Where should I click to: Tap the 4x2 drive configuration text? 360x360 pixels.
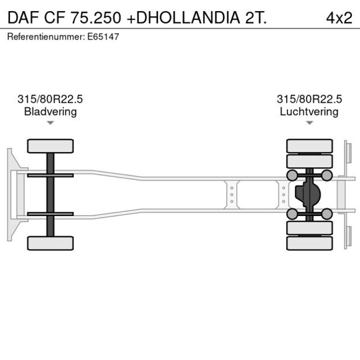pos(339,17)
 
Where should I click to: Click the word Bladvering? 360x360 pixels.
pos(50,111)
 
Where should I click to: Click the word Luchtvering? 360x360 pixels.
pos(309,111)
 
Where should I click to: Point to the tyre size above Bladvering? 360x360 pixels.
pos(50,99)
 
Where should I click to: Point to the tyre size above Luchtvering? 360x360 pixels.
pos(309,99)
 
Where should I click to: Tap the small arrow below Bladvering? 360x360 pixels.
pos(51,123)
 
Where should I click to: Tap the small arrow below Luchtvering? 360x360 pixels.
pos(309,123)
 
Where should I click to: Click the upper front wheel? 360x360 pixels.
pos(51,146)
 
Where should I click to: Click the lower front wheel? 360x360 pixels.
pos(51,243)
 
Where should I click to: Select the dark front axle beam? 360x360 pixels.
pos(51,195)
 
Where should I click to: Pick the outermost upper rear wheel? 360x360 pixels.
pos(309,145)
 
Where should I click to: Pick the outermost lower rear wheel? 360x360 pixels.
pos(309,243)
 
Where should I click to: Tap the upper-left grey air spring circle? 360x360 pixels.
pos(292,175)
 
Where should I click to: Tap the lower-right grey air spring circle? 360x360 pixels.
pos(327,214)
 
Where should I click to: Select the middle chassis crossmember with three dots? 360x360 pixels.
pos(232,195)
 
